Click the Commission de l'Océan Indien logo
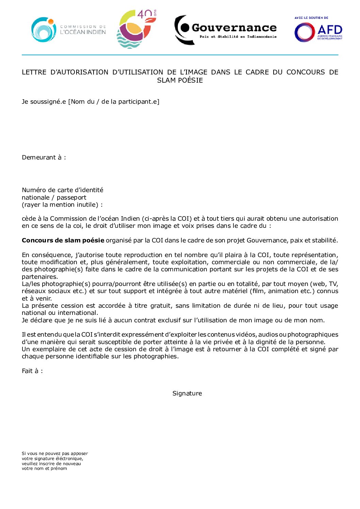tap(68, 30)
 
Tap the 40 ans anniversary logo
tap(136, 29)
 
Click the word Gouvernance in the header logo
tap(234, 28)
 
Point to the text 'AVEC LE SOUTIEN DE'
tap(311, 18)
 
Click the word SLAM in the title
tap(166, 81)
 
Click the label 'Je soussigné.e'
tap(44, 102)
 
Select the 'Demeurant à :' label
tap(44, 157)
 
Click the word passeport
tap(71, 198)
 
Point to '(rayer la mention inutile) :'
tap(62, 205)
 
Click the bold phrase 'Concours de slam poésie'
tap(63, 240)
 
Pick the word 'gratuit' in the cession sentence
tap(162, 306)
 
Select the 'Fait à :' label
tap(32, 371)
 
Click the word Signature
tap(187, 393)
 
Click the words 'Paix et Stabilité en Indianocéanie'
tap(238, 37)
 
